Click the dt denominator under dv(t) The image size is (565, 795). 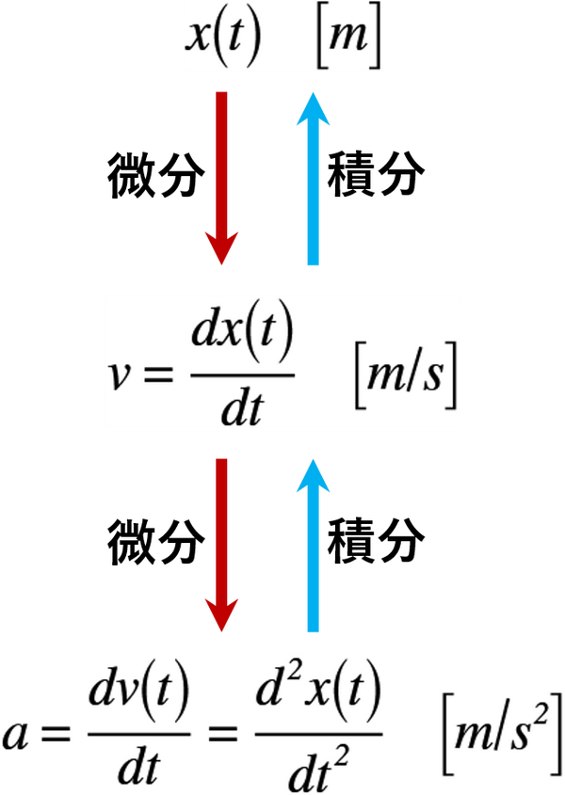point(138,770)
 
